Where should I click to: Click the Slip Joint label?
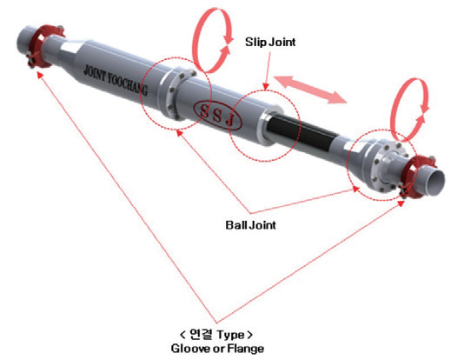point(270,42)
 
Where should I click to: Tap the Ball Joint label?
point(250,225)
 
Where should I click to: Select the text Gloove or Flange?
point(217,348)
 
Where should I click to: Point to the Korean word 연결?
point(201,335)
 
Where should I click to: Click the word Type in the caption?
point(231,336)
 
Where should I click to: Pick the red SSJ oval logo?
point(217,116)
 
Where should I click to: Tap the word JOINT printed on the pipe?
point(95,74)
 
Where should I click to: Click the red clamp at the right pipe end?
point(417,177)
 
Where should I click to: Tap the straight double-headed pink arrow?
point(310,90)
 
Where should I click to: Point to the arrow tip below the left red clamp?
point(38,73)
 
